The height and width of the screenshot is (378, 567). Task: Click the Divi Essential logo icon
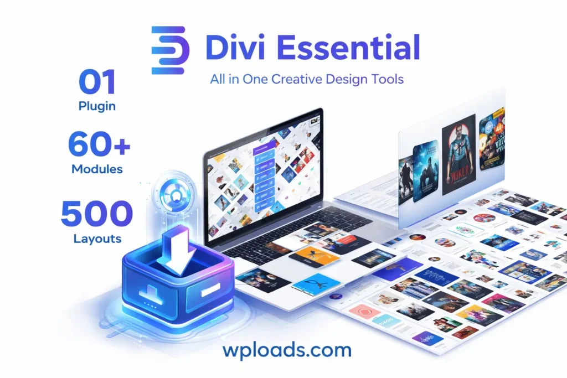pos(171,50)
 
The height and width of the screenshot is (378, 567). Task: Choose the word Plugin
pos(97,106)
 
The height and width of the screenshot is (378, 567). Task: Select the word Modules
pos(98,169)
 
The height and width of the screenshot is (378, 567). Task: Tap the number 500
pos(97,215)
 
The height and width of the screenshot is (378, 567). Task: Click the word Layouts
pos(97,239)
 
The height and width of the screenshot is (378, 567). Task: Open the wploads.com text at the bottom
pos(287,350)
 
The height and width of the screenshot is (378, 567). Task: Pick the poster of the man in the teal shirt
pos(458,154)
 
